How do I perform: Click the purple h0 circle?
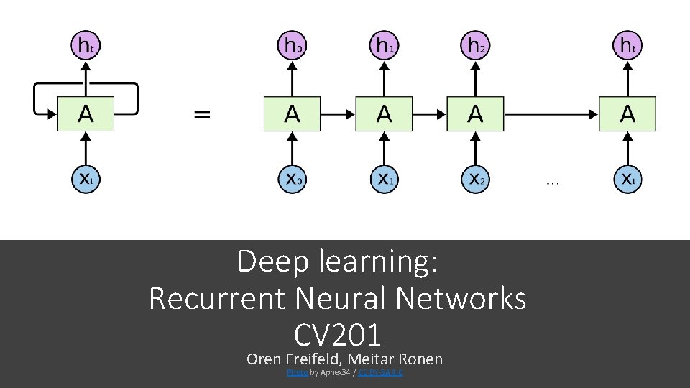point(291,45)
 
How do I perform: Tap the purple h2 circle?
point(475,45)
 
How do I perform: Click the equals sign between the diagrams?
point(203,114)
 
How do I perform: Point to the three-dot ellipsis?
point(552,183)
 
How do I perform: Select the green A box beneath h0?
point(292,114)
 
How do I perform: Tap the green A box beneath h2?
point(475,114)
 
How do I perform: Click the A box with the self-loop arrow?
point(86,114)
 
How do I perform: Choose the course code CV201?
point(337,335)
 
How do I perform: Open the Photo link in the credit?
point(298,373)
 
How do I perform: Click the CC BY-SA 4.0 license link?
point(381,373)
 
